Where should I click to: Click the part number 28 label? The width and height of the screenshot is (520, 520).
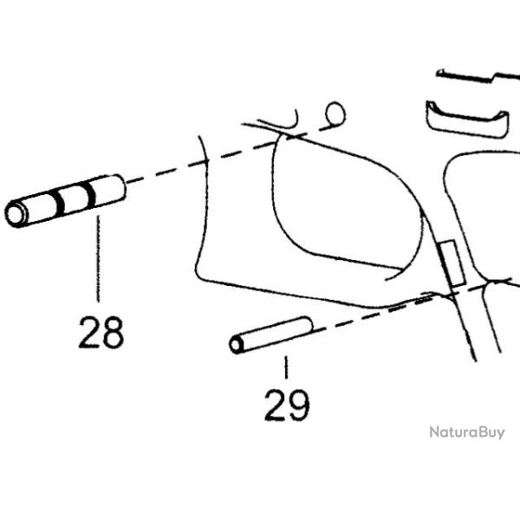[x=101, y=333]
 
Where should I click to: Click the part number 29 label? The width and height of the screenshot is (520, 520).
[x=287, y=404]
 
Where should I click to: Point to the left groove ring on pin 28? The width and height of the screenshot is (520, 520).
[x=58, y=203]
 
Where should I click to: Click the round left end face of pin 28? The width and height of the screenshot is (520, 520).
[x=15, y=214]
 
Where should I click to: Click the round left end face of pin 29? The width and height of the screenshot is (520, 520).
[x=236, y=345]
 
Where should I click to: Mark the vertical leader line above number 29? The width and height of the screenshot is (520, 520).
[x=285, y=370]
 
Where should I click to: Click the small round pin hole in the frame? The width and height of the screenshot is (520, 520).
[x=335, y=114]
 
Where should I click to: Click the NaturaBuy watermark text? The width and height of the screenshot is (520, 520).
[x=466, y=432]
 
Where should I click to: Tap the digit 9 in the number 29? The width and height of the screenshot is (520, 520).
[x=299, y=404]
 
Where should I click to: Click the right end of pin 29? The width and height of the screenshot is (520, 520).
[x=307, y=325]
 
